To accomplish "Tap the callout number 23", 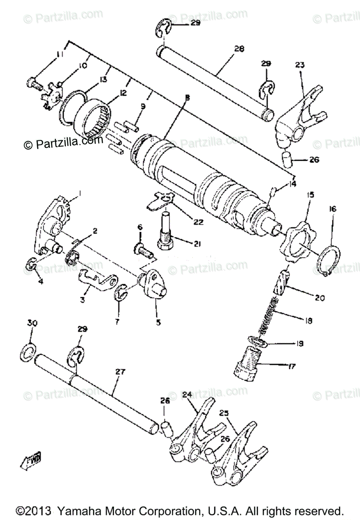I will click(300, 65).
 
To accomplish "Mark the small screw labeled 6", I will click(142, 250).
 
